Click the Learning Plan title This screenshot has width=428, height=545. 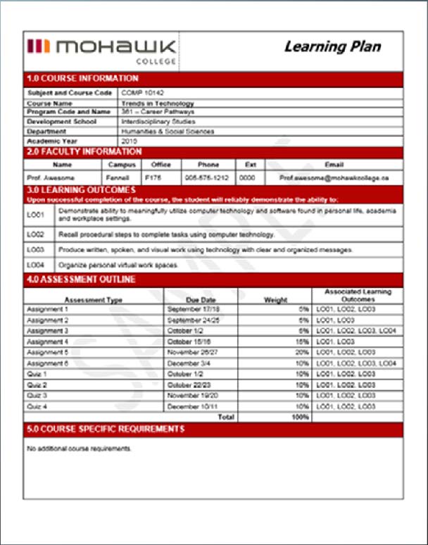tap(332, 47)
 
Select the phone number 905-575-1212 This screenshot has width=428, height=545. tap(208, 179)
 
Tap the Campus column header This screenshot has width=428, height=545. tap(121, 165)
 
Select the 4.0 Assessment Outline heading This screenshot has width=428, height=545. tap(81, 280)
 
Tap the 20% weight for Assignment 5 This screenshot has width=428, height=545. tap(303, 352)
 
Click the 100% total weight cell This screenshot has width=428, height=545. tap(300, 417)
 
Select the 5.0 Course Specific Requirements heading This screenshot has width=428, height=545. tap(105, 429)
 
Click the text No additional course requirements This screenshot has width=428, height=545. tap(78, 448)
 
